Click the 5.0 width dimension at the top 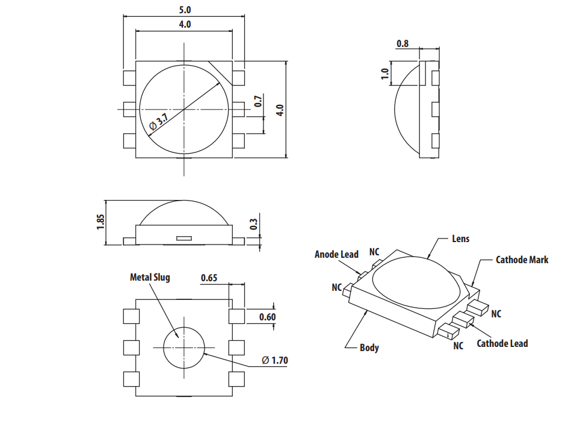coord(184,10)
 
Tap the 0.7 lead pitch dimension coord(258,101)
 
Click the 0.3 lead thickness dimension coord(253,223)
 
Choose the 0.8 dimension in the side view coord(403,43)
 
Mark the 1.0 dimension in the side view coord(385,75)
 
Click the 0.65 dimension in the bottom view coord(209,278)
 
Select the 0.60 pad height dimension coord(267,317)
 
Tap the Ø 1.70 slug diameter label coord(275,361)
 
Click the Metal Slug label coord(150,277)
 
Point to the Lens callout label coord(460,238)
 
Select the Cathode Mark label coord(522,260)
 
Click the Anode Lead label coord(336,254)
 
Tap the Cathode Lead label coord(502,343)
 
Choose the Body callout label coord(369,348)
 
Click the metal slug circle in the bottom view coord(184,348)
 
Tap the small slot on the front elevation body coord(184,238)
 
